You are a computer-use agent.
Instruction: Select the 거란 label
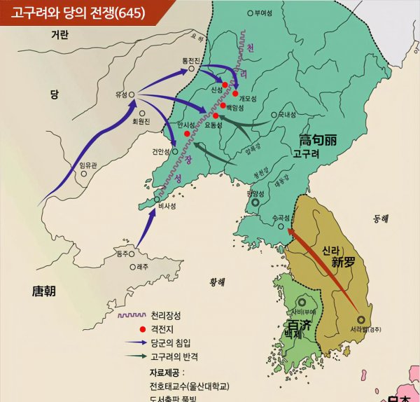[60, 35]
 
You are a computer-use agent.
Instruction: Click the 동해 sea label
[380, 219]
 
